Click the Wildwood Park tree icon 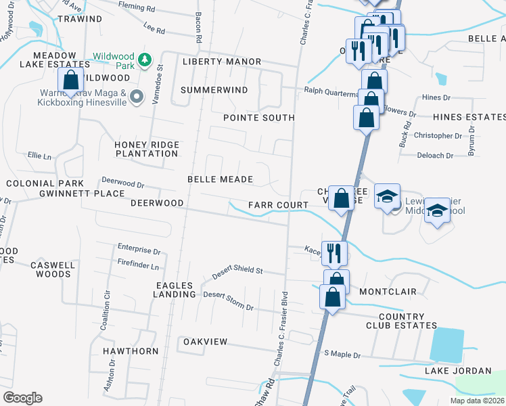(x=144, y=60)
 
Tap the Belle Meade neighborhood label (x=220, y=179)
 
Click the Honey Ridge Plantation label (x=146, y=149)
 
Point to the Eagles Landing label (x=175, y=290)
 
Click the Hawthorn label (x=131, y=351)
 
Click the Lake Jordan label (x=458, y=370)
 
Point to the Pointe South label (x=259, y=118)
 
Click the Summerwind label (x=214, y=89)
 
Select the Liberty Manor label (x=222, y=62)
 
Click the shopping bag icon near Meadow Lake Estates (x=71, y=81)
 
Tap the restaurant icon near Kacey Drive (x=334, y=253)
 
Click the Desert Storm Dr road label (x=228, y=301)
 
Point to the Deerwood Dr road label (x=122, y=183)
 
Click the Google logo (x=22, y=398)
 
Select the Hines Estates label (x=469, y=117)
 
